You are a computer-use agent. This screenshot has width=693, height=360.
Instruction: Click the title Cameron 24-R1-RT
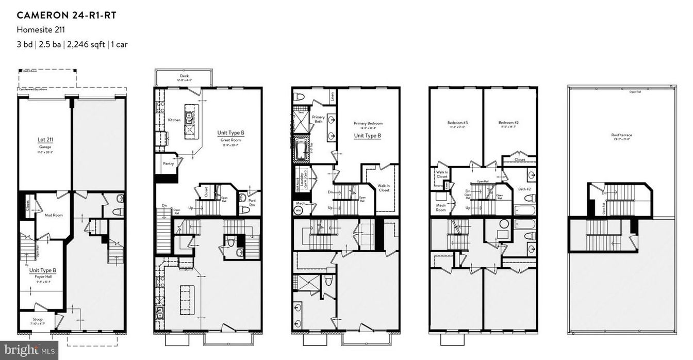[x=66, y=15]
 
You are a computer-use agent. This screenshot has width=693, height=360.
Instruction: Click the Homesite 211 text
[x=41, y=30]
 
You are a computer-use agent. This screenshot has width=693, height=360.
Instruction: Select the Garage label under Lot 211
[x=44, y=147]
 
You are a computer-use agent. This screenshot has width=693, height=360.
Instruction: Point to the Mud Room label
[x=54, y=215]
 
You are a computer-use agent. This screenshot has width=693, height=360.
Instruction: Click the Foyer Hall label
[x=43, y=276]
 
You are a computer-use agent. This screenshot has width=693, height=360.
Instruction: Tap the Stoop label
[x=38, y=319]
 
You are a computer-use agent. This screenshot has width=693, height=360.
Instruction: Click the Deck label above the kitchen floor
[x=184, y=75]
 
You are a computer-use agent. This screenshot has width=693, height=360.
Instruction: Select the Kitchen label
[x=174, y=120]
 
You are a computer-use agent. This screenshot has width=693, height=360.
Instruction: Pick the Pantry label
[x=168, y=164]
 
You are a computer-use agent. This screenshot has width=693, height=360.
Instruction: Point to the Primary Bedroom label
[x=368, y=123]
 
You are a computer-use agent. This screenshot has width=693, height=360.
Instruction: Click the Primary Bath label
[x=318, y=119]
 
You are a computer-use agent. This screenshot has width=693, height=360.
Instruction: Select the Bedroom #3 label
[x=456, y=123]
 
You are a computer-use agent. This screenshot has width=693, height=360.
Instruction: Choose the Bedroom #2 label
[x=508, y=123]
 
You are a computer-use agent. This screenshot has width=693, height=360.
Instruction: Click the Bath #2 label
[x=525, y=189]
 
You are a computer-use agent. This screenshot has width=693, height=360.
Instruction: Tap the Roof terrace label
[x=621, y=135]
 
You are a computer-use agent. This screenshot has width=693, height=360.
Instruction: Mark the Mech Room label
[x=440, y=208]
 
